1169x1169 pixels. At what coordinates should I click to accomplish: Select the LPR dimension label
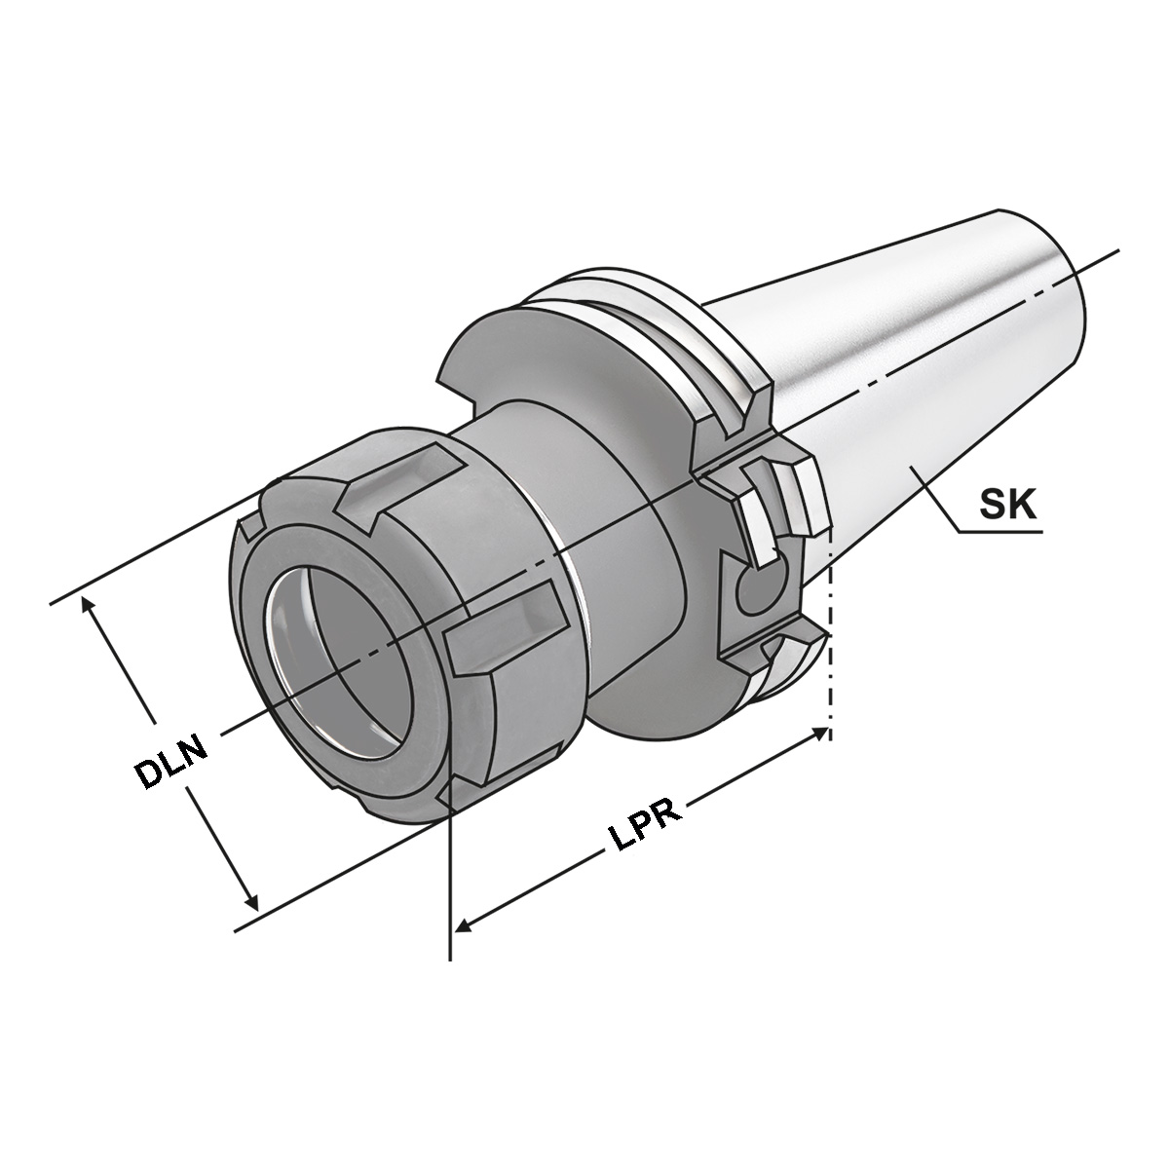point(638,823)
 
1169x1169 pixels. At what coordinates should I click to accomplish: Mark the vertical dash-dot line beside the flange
point(829,633)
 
